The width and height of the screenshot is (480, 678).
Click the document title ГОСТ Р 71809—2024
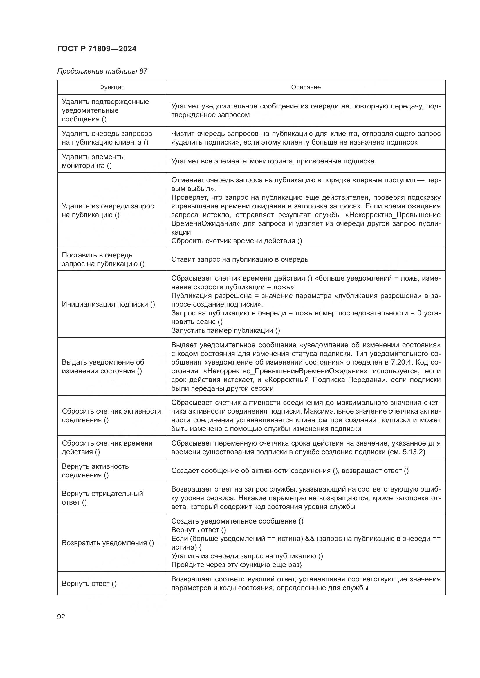tap(97, 49)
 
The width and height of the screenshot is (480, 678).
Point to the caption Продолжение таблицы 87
tap(102, 71)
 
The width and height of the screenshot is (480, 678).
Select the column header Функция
tap(112, 87)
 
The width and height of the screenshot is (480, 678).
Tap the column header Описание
tap(306, 87)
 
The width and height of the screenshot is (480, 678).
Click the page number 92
tap(61, 617)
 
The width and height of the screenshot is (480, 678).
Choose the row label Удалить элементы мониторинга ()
tap(93, 161)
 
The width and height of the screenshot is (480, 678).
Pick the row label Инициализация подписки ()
tap(108, 304)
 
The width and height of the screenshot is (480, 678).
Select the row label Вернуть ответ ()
tap(89, 583)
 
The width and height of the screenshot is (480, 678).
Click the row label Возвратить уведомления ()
tap(108, 543)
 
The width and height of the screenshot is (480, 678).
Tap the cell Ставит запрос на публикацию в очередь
tap(240, 259)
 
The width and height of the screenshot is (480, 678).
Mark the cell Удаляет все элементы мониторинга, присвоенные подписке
tap(273, 161)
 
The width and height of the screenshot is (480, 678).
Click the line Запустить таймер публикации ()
tap(225, 330)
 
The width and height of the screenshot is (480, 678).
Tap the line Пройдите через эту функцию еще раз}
tap(237, 565)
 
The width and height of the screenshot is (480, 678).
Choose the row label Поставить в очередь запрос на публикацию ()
tap(103, 259)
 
